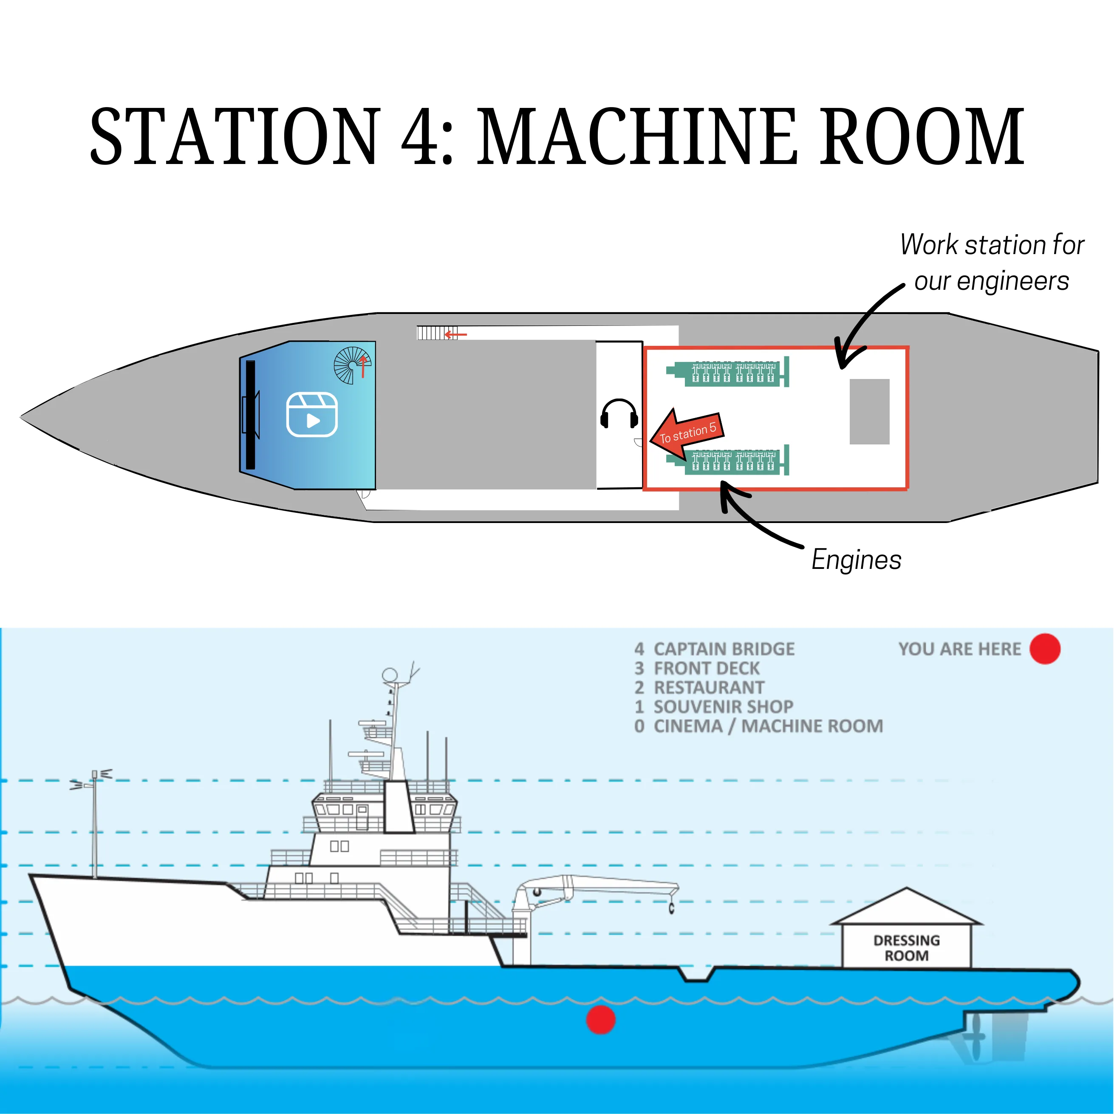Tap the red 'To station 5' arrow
click(687, 432)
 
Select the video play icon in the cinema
click(312, 415)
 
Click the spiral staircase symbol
click(352, 365)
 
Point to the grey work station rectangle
click(870, 411)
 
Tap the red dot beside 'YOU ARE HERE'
click(1045, 649)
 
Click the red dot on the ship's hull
click(601, 1019)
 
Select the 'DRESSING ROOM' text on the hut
click(906, 948)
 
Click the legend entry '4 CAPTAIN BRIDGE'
click(715, 649)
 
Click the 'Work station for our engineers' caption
click(992, 263)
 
